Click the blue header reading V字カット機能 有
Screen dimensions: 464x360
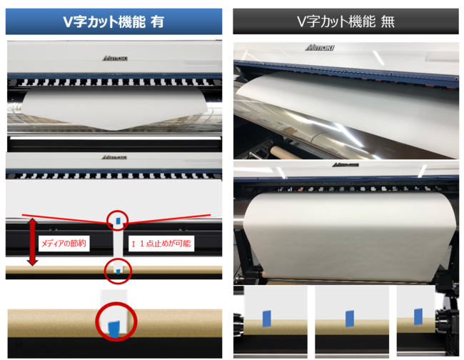pyautogui.click(x=114, y=21)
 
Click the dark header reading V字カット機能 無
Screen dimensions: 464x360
pyautogui.click(x=346, y=21)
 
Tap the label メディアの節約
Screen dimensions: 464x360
pyautogui.click(x=64, y=244)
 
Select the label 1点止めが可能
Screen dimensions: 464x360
pyautogui.click(x=161, y=244)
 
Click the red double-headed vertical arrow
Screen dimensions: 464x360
pyautogui.click(x=32, y=242)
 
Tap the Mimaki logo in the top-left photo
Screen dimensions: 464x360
pyautogui.click(x=115, y=59)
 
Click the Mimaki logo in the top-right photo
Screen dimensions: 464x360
pyautogui.click(x=320, y=47)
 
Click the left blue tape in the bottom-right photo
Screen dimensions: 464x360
pyautogui.click(x=267, y=319)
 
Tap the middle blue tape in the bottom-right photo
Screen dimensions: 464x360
pyautogui.click(x=350, y=319)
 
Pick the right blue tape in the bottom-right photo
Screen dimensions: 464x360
pyautogui.click(x=418, y=316)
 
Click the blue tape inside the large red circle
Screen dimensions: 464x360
pyautogui.click(x=114, y=329)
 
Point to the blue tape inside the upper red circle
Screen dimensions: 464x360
pyautogui.click(x=118, y=221)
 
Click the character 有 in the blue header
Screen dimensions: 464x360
pyautogui.click(x=157, y=21)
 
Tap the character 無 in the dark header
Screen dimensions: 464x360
pyautogui.click(x=388, y=21)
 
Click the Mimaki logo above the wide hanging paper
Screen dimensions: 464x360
pyautogui.click(x=346, y=164)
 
